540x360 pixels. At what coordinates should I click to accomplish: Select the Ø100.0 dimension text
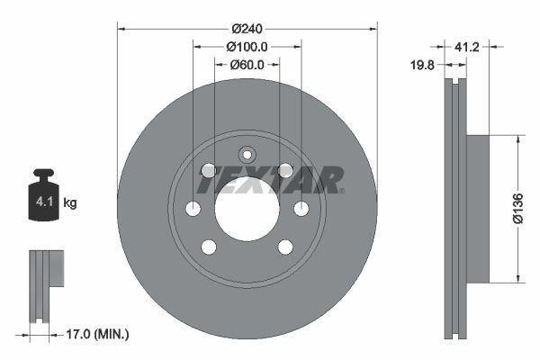click(x=247, y=46)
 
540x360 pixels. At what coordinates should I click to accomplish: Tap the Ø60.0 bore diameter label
click(x=247, y=64)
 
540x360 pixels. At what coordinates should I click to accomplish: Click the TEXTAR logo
click(x=269, y=181)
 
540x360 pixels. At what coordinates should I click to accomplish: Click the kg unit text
click(x=70, y=203)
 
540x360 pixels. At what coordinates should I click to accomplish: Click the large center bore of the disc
click(x=247, y=209)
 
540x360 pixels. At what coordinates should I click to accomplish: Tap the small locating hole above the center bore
click(x=247, y=154)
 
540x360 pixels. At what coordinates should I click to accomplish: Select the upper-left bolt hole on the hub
click(x=209, y=170)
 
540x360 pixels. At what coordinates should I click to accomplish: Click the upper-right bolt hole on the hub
click(x=285, y=170)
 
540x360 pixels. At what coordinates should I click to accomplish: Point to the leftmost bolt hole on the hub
click(x=193, y=209)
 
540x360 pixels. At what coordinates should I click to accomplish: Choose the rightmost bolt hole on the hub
click(x=301, y=209)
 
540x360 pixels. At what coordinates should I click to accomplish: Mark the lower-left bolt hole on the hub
click(x=209, y=247)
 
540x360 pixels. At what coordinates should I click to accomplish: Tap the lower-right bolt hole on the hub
click(x=285, y=247)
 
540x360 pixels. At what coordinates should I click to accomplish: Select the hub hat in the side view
click(x=476, y=209)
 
